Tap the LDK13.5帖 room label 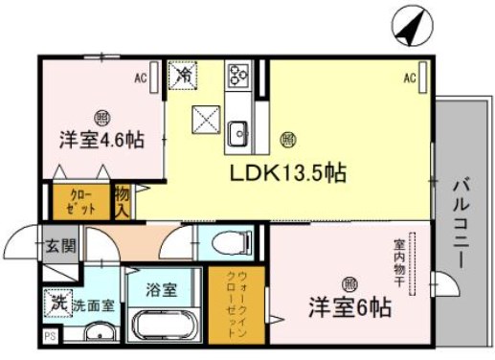coord(286,174)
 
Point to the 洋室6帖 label coord(348,309)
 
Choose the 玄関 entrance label coord(61,245)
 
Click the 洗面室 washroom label coord(96,305)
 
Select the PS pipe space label coord(49,336)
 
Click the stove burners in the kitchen coord(237,75)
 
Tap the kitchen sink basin coord(237,131)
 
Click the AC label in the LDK coord(408,78)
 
